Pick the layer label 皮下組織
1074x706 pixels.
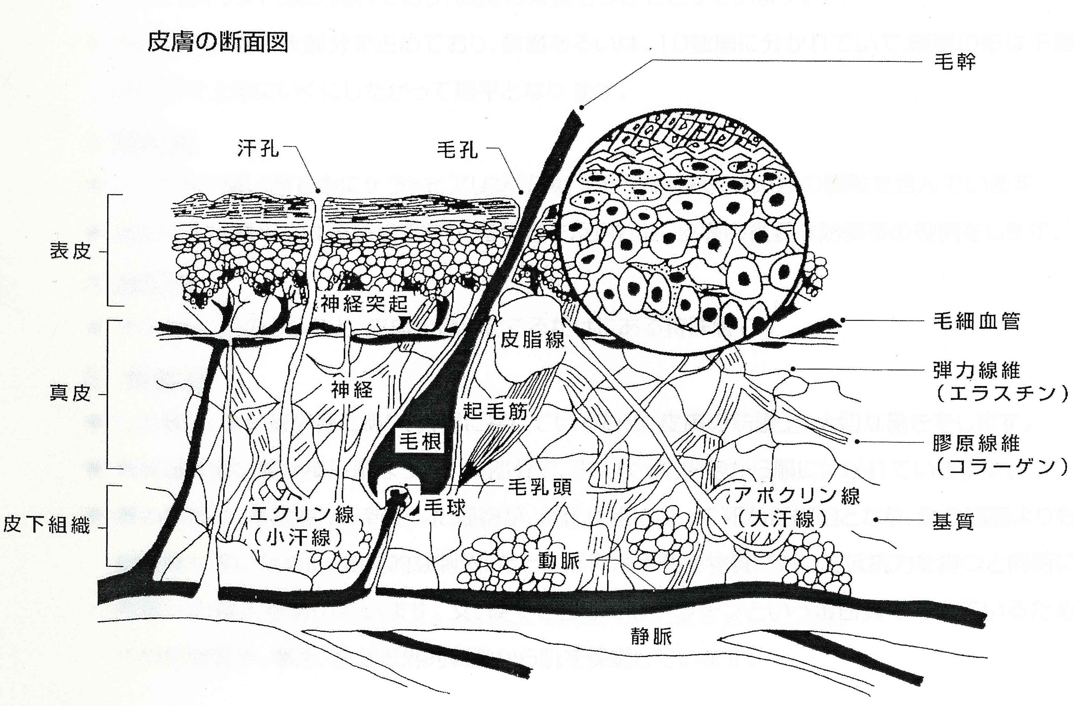click(x=47, y=525)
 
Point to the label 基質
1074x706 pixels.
click(x=953, y=522)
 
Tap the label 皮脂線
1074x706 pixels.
click(x=533, y=339)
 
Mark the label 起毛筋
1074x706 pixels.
click(x=495, y=411)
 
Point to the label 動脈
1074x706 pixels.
click(x=558, y=561)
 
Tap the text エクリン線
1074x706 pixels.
click(x=302, y=514)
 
